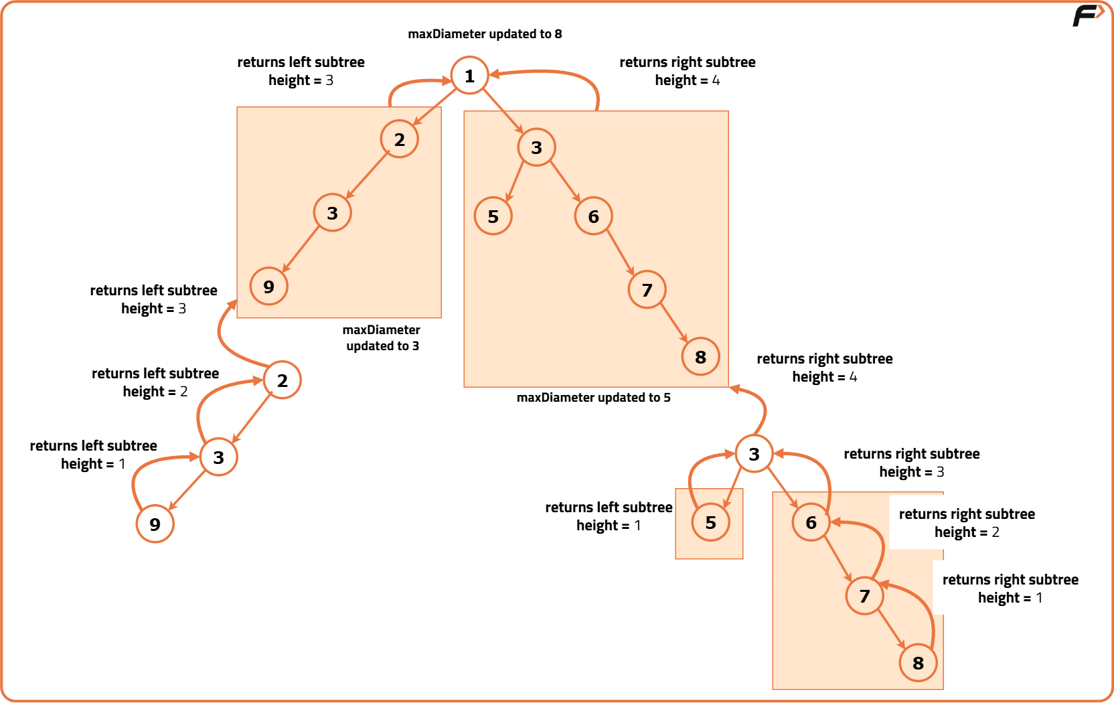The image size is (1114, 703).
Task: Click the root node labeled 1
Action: pos(469,76)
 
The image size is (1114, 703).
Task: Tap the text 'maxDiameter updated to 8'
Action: pos(485,34)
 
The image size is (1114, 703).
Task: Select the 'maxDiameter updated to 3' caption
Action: pos(382,338)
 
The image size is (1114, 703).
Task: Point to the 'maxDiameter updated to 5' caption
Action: pos(593,398)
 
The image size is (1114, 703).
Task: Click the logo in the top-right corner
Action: pos(1087,15)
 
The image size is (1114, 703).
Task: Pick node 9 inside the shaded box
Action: pos(268,287)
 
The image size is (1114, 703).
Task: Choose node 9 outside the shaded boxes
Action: pos(155,524)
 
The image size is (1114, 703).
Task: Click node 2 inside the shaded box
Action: pos(399,139)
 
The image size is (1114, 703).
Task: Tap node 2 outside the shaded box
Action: pos(282,380)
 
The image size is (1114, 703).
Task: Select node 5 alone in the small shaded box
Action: pos(710,523)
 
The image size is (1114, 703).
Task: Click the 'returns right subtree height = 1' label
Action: pos(1010,589)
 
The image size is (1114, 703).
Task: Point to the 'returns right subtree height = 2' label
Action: pos(966,523)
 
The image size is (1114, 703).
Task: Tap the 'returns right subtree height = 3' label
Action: pos(911,463)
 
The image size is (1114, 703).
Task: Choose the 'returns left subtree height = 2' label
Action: pos(155,382)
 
